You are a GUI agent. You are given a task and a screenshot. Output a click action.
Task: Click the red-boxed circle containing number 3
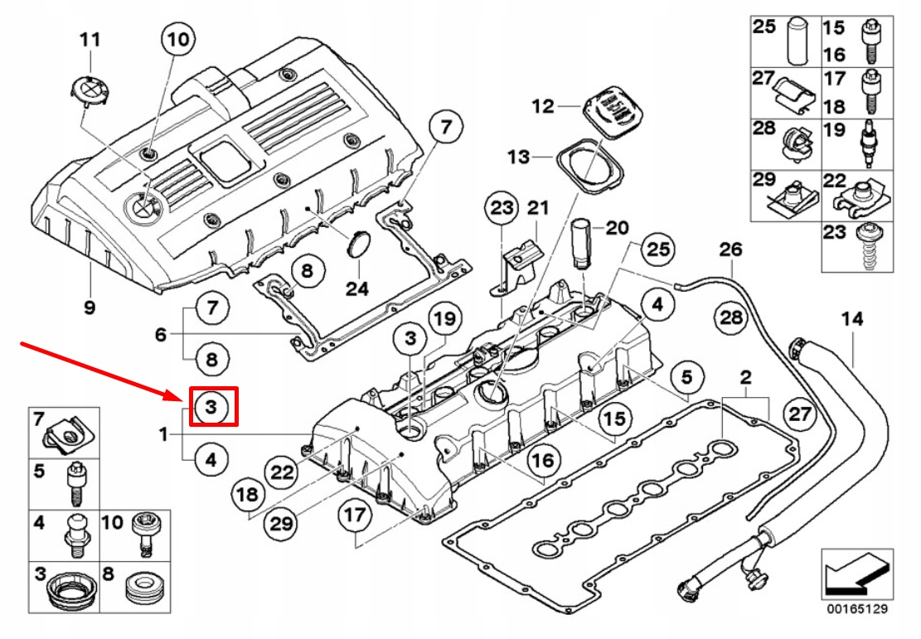pos(212,407)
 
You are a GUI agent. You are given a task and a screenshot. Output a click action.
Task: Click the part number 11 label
pos(90,39)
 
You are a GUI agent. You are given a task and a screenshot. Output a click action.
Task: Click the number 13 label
pos(517,157)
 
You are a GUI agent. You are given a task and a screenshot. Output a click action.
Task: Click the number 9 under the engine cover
pos(89,307)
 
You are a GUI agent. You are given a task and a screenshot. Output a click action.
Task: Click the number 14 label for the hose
pos(851,318)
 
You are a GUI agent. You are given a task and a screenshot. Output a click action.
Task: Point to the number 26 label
pos(730,249)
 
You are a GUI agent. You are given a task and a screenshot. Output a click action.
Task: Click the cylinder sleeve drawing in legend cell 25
pos(798,39)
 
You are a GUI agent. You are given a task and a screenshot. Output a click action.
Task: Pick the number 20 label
pos(617,227)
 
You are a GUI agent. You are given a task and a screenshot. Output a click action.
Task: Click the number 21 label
pos(539,207)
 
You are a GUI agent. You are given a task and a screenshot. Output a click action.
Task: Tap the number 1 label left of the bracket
pos(163,433)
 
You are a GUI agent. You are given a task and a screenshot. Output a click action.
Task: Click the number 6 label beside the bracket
pos(162,334)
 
